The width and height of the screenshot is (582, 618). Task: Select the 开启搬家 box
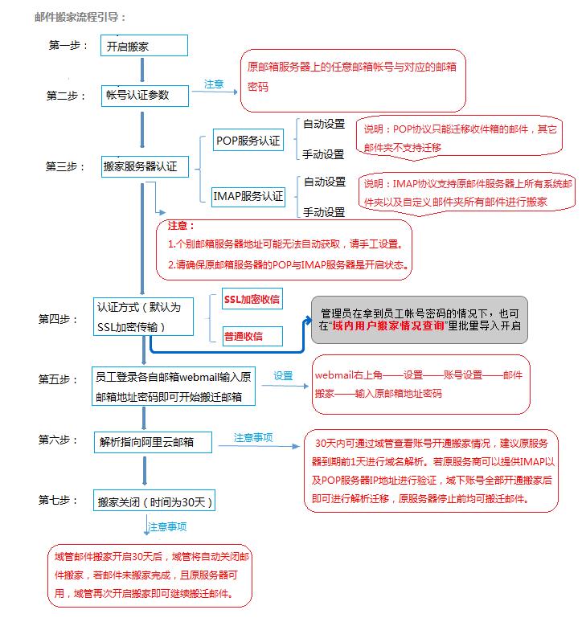(144, 46)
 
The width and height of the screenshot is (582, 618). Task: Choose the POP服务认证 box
(248, 141)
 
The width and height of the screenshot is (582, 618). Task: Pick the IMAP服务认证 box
(248, 195)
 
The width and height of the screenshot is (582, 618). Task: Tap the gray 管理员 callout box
(420, 319)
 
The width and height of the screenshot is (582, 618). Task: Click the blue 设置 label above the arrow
(282, 375)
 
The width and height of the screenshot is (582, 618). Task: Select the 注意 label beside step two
(214, 84)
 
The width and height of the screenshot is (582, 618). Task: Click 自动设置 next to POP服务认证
(323, 124)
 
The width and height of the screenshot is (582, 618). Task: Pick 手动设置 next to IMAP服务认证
(323, 212)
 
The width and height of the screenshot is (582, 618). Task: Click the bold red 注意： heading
(181, 226)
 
